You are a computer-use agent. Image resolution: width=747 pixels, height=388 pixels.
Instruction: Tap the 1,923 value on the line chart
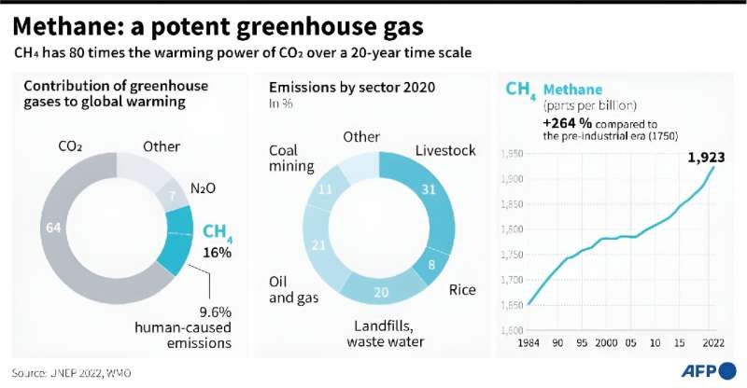708,158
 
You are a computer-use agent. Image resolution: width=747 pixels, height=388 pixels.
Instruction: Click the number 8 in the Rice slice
430,264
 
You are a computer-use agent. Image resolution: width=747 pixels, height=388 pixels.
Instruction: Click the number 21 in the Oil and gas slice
318,245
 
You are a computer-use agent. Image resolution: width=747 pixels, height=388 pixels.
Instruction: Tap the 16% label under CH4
218,253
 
